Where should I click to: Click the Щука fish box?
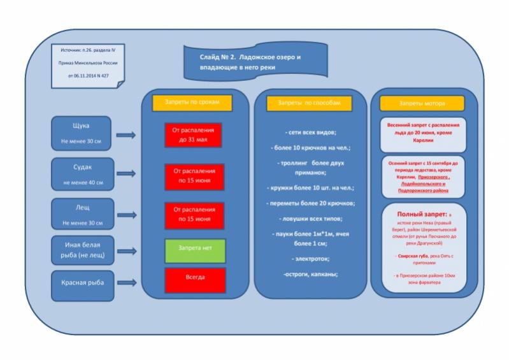point(83,133)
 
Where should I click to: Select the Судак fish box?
point(83,174)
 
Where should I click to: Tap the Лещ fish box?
point(83,214)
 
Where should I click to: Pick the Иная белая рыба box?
point(83,251)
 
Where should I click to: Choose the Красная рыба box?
point(83,282)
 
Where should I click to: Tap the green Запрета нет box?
point(196,250)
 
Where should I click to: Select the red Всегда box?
point(196,280)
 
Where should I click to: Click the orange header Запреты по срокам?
point(192,102)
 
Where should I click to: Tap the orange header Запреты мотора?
point(423,103)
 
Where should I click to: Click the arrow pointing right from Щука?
point(127,134)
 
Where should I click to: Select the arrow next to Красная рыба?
point(127,282)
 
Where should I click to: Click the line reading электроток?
point(310,259)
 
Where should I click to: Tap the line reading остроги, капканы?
point(310,274)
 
